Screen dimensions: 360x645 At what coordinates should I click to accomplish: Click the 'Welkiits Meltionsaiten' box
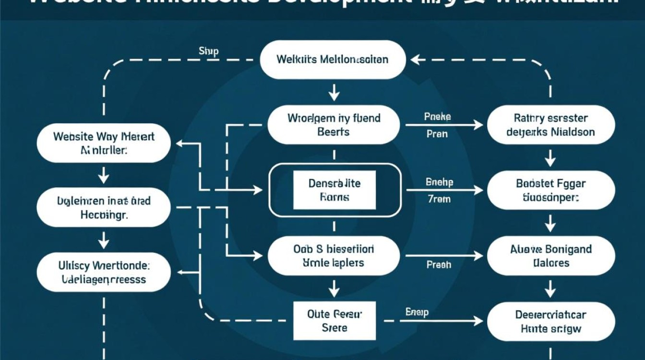click(x=333, y=60)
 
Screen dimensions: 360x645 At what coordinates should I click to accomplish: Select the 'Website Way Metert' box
click(x=104, y=143)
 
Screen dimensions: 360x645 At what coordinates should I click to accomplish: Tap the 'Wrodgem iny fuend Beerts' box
click(x=334, y=124)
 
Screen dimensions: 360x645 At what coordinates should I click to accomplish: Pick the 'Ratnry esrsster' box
click(x=550, y=124)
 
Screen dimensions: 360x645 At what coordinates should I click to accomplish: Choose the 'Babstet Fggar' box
click(x=550, y=190)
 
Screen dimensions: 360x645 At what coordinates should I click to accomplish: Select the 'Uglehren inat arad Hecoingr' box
click(x=104, y=207)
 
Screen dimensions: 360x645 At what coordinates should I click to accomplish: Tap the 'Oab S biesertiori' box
click(x=334, y=256)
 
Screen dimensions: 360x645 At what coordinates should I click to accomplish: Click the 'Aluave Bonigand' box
click(x=550, y=256)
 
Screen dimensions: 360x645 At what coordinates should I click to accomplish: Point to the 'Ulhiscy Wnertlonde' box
click(x=104, y=272)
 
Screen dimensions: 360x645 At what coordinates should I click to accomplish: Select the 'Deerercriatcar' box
click(x=550, y=321)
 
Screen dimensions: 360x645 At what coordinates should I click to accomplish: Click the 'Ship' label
click(x=208, y=51)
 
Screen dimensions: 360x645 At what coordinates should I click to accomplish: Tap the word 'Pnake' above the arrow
click(x=437, y=117)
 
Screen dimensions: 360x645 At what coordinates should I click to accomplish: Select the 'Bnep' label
click(x=417, y=312)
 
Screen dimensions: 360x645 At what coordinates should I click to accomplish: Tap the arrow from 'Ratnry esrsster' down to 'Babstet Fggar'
click(x=550, y=156)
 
